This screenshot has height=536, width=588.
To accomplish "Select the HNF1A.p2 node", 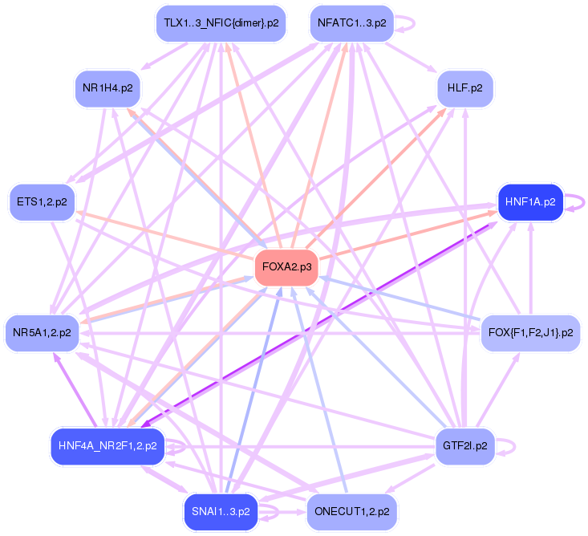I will (530, 202).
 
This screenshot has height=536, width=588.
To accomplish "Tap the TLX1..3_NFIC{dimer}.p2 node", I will (221, 23).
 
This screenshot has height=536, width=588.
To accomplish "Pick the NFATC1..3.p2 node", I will (351, 23).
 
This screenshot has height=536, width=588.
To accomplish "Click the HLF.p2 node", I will (465, 88).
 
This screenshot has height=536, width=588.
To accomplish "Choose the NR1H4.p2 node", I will (107, 88).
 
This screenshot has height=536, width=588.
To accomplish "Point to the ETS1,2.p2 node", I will (42, 202).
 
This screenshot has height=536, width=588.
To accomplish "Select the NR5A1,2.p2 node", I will (42, 332).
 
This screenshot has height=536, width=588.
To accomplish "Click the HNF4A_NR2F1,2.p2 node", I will (107, 445).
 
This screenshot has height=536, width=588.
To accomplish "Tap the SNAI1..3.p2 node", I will (221, 511).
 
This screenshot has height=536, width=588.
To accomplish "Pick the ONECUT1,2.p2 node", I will (351, 511).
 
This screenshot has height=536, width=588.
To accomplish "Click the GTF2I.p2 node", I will (465, 445).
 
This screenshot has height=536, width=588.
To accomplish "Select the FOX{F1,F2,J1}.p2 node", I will (530, 332).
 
